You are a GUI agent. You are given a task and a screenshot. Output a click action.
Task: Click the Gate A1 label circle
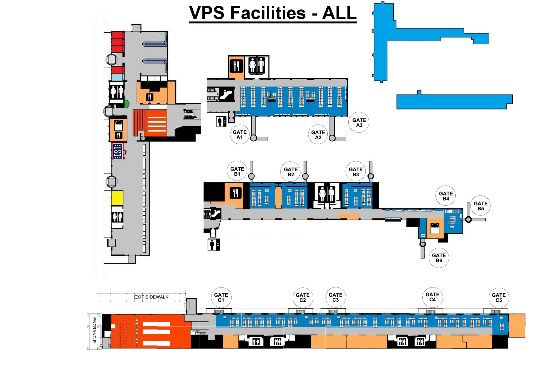pyautogui.click(x=239, y=135)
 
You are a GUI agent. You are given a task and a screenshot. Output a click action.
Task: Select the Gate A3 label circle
pyautogui.click(x=359, y=123)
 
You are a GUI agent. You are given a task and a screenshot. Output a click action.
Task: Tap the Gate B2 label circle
pyautogui.click(x=291, y=172)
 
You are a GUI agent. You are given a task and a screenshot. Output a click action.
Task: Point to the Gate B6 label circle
pyautogui.click(x=439, y=258)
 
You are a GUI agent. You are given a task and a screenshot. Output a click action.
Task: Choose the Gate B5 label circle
pyautogui.click(x=480, y=206)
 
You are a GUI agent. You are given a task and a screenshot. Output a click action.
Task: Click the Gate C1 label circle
pyautogui.click(x=221, y=297)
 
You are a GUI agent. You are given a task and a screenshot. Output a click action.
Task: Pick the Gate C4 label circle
pyautogui.click(x=432, y=297)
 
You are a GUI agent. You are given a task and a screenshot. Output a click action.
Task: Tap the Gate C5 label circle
pyautogui.click(x=499, y=297)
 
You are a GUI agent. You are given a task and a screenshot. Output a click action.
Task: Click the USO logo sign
pyautogui.click(x=118, y=151)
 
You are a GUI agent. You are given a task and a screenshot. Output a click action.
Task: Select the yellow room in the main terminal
pyautogui.click(x=117, y=198)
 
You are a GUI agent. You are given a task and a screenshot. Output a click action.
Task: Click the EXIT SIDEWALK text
pyautogui.click(x=151, y=297)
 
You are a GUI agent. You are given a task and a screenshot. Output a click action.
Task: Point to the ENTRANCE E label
pyautogui.click(x=94, y=330)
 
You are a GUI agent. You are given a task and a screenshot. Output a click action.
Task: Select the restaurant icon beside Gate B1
pyautogui.click(x=235, y=193)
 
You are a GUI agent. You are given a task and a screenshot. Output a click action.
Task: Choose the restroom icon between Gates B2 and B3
pyautogui.click(x=327, y=194)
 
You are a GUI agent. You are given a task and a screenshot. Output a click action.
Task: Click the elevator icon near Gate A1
pyautogui.click(x=221, y=122)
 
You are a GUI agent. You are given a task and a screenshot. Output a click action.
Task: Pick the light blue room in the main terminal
pyautogui.click(x=117, y=78)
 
